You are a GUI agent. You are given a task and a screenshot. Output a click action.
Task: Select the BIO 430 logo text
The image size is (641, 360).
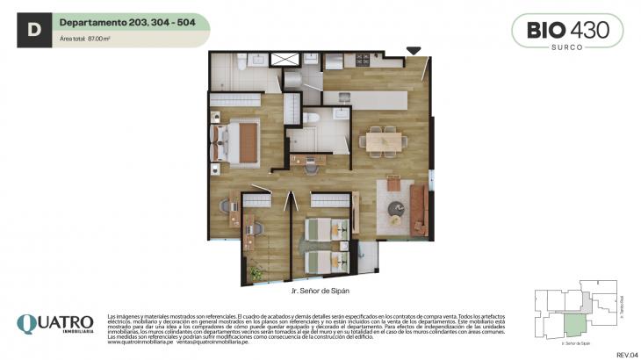[x=567, y=28]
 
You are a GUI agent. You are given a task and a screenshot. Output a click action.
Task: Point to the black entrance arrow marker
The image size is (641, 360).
[x=414, y=52]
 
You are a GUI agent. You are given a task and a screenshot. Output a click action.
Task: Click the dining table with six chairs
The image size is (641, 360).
[x=383, y=139]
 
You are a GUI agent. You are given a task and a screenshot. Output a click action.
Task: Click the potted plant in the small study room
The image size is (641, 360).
[x=256, y=274]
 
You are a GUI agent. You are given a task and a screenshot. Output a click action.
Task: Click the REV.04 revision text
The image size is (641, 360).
[x=626, y=354]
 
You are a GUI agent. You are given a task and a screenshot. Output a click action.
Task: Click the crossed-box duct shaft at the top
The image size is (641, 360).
[x=284, y=61]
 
